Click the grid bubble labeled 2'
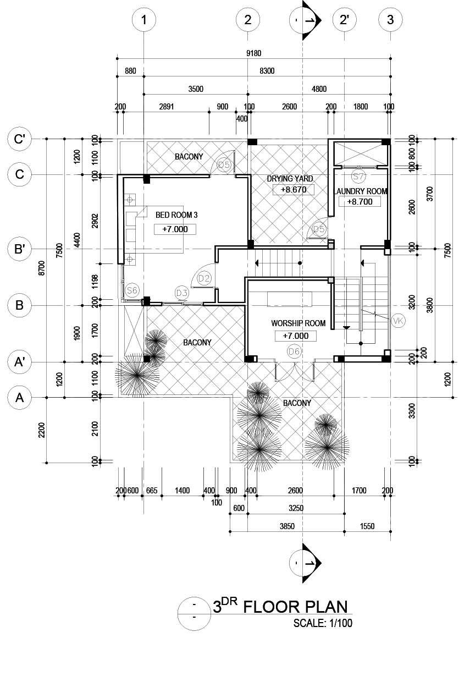[x=345, y=20]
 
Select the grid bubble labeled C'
[x=20, y=139]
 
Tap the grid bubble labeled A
[x=20, y=397]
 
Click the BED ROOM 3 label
[x=176, y=215]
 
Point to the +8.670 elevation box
[x=294, y=190]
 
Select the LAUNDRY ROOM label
[x=361, y=191]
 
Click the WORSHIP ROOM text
[x=298, y=323]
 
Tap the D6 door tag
[x=294, y=351]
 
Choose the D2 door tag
[x=204, y=278]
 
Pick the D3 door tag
[x=183, y=292]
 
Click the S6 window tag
[x=132, y=290]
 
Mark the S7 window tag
[x=358, y=177]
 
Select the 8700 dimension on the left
[x=42, y=270]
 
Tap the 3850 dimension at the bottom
[x=287, y=526]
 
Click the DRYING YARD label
[x=290, y=179]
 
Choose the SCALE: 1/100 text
[x=323, y=623]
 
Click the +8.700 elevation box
[x=360, y=202]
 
